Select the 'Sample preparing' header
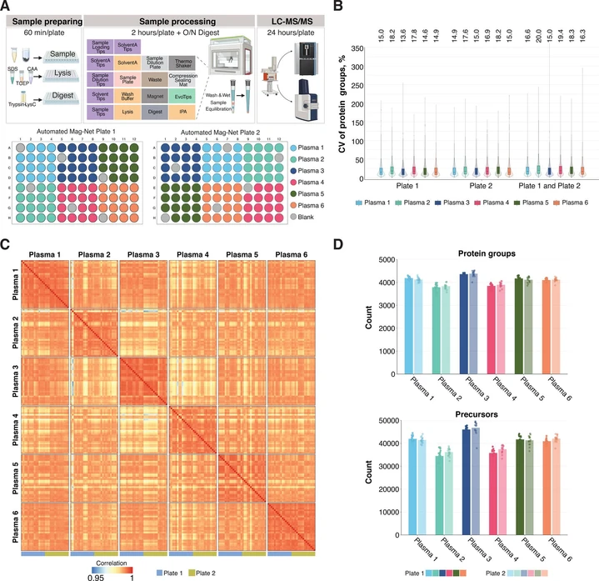tap(44, 18)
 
